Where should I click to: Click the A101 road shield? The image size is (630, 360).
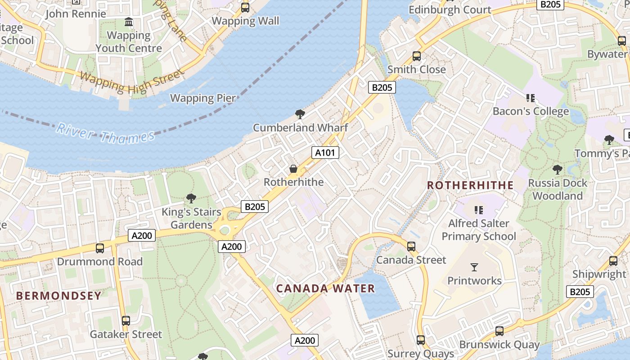click(x=325, y=153)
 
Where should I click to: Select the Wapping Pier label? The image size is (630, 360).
click(x=202, y=98)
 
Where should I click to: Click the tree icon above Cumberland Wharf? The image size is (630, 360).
click(x=300, y=114)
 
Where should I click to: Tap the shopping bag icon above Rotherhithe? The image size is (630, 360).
click(x=293, y=169)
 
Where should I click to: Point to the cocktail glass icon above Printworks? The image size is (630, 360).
click(x=474, y=267)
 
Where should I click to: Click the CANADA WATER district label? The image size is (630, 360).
click(x=325, y=288)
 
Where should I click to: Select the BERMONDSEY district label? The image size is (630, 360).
click(x=59, y=296)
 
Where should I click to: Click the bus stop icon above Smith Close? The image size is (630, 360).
click(x=417, y=56)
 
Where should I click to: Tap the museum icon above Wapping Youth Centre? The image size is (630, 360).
click(x=129, y=22)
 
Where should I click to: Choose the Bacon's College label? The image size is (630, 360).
click(x=531, y=111)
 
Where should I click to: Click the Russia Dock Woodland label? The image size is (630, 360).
click(x=558, y=189)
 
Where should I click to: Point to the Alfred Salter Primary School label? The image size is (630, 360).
click(x=479, y=229)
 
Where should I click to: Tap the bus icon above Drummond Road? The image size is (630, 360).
click(x=100, y=248)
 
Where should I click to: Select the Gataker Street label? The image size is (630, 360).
click(x=126, y=334)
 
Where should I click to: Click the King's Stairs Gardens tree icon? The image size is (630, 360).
click(x=191, y=198)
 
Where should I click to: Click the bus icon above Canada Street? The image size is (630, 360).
click(x=411, y=247)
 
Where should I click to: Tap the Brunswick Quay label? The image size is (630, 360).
click(x=499, y=345)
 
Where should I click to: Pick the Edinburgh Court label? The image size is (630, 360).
click(x=450, y=9)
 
